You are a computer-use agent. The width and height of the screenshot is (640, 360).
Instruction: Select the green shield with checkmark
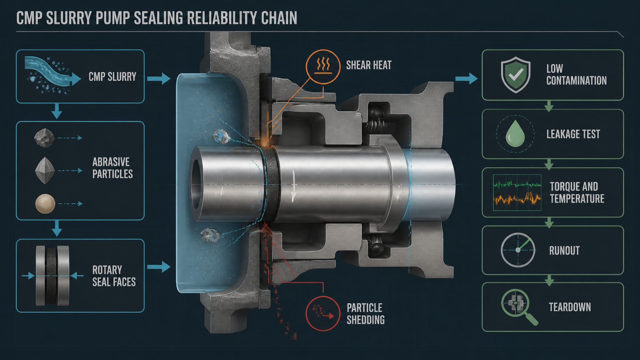click(516, 75)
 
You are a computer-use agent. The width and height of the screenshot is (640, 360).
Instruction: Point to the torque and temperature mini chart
click(517, 192)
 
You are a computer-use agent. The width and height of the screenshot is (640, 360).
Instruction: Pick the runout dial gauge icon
click(518, 250)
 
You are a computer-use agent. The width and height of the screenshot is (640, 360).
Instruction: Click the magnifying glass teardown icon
click(519, 307)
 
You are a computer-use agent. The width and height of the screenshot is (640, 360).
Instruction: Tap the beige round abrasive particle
click(45, 204)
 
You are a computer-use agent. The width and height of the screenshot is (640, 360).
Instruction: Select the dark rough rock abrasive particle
click(44, 138)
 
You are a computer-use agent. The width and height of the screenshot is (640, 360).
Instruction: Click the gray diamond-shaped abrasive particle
click(45, 170)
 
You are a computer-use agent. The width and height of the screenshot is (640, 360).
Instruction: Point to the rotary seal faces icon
click(52, 276)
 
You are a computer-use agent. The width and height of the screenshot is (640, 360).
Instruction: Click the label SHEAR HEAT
click(369, 65)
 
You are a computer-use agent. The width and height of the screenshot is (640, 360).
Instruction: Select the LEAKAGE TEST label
click(573, 134)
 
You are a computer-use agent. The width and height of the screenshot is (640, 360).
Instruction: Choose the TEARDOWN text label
click(570, 307)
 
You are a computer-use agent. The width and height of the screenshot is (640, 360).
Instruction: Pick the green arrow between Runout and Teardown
click(549, 280)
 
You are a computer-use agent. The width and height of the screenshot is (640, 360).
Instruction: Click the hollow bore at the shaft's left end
click(197, 184)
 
